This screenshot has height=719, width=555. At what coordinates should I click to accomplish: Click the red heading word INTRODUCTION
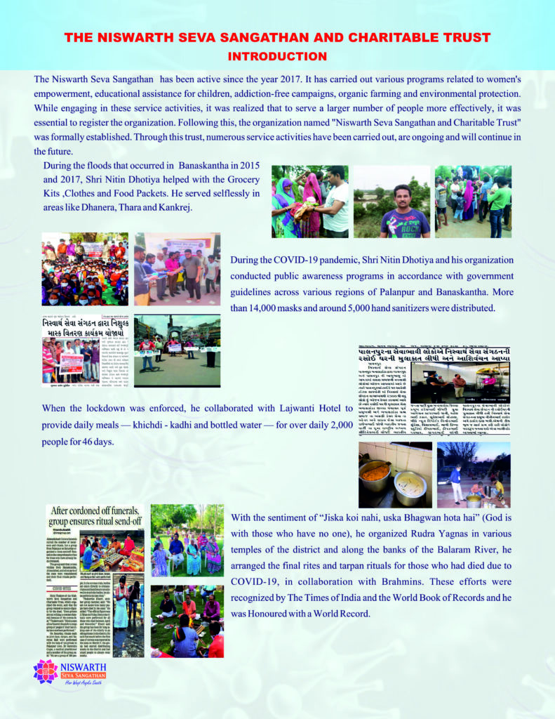[277, 56]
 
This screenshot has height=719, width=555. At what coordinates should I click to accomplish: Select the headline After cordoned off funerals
[95, 517]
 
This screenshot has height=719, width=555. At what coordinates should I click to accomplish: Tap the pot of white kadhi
[409, 482]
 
